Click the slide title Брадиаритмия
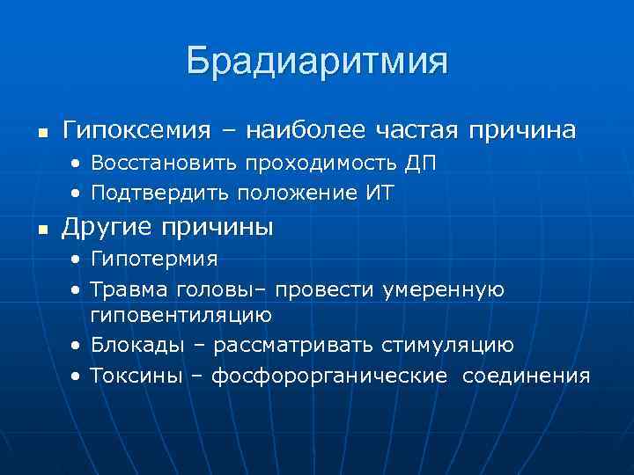[x=317, y=62]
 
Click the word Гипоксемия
[x=136, y=131]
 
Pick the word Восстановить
[x=166, y=164]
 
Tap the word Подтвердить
[x=158, y=194]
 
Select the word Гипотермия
[x=154, y=260]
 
